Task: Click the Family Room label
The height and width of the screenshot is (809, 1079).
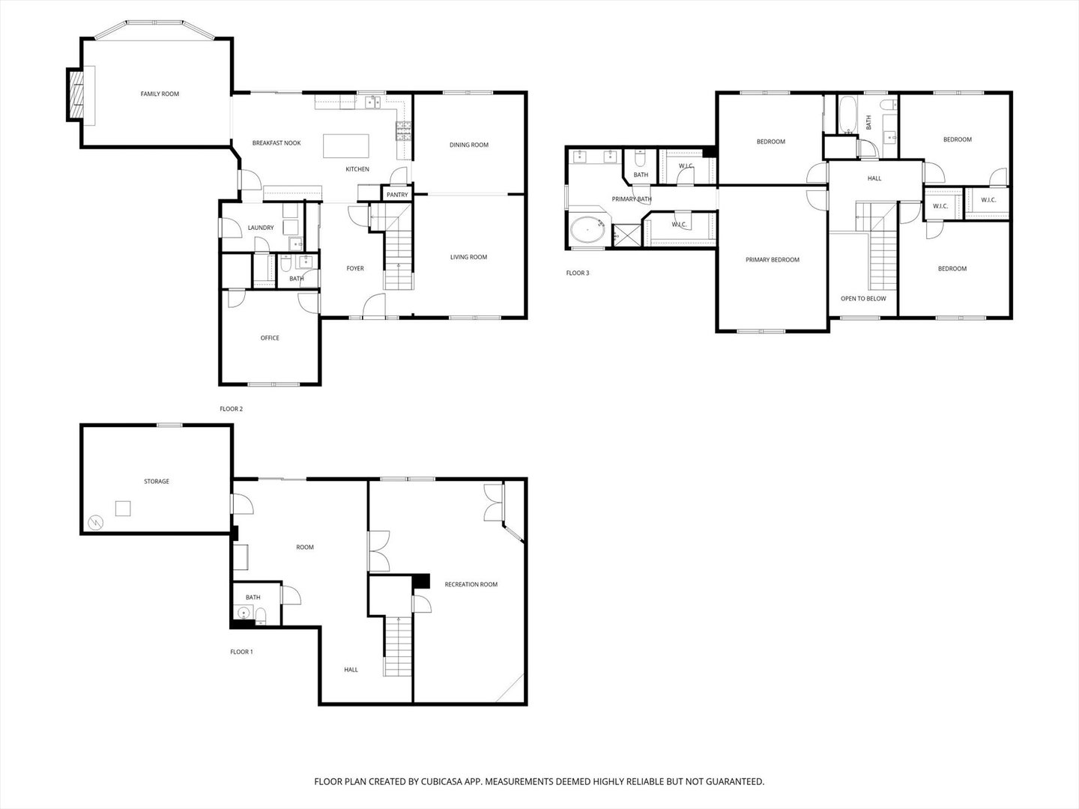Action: coord(160,94)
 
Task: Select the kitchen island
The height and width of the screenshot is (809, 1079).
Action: coord(345,146)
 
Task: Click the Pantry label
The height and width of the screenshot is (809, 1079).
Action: coord(397,195)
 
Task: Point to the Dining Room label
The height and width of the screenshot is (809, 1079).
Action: coord(469,145)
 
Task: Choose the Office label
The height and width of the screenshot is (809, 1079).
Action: coord(270,338)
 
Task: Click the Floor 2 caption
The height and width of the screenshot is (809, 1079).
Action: coord(231,409)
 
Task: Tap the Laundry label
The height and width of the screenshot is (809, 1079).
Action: coord(261,228)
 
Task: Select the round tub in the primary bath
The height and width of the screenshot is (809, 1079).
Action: coord(587,229)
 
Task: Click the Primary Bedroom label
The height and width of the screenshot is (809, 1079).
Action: coord(773,260)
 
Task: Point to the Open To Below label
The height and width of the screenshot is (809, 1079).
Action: coord(863,299)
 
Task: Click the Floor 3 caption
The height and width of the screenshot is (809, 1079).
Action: coord(578,273)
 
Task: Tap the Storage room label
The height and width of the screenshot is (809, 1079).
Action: coord(157,482)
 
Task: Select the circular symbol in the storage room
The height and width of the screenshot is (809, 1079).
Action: coord(95,523)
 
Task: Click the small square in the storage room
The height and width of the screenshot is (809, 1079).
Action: coord(123,509)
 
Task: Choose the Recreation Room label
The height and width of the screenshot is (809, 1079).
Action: coord(471,584)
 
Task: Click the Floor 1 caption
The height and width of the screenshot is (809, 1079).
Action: coord(241,652)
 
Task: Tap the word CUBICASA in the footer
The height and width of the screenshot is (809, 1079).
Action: coord(441,781)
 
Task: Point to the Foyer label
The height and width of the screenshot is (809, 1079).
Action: coord(355,269)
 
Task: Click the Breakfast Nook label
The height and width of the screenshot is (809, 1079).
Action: coord(276,143)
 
